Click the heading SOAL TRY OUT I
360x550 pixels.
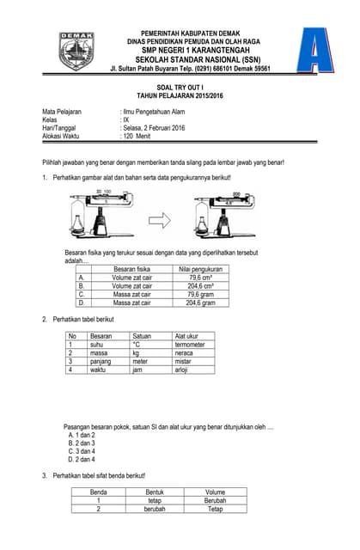180,88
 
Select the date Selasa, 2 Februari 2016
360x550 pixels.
154,128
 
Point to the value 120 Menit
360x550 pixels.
137,137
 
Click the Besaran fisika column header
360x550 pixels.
131,270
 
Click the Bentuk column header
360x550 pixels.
154,492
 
